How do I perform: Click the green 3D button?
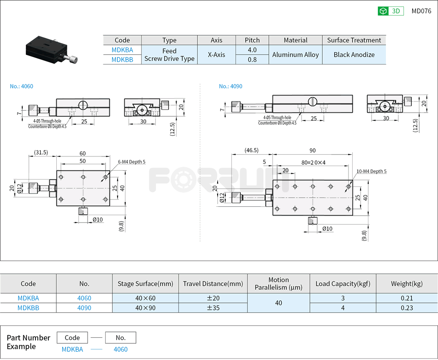[x=391, y=11]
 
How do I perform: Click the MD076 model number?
[x=421, y=11]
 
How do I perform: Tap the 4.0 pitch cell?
[x=252, y=50]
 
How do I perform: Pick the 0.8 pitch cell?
[x=252, y=60]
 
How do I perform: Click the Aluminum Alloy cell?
[x=295, y=54]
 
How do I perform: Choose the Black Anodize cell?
[x=354, y=54]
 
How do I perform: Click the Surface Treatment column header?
[x=354, y=40]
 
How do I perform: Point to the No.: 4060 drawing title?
[x=22, y=86]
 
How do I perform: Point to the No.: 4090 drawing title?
[x=231, y=86]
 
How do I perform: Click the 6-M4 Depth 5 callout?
[x=131, y=162]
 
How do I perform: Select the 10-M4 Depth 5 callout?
[x=371, y=171]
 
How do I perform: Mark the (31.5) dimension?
[x=41, y=152]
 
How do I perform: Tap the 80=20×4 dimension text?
[x=314, y=162]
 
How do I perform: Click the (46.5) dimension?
[x=252, y=150]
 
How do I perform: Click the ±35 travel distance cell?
[x=213, y=308]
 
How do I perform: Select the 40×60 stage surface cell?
[x=145, y=298]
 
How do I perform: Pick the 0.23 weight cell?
[x=407, y=308]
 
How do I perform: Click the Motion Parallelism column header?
[x=278, y=283]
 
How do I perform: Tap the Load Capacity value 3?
[x=343, y=298]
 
